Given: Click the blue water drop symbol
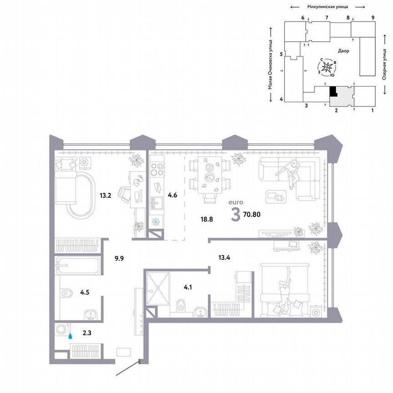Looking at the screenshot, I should (70, 337).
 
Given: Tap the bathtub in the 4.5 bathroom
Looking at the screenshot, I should (77, 265).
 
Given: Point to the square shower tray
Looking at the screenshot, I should (157, 284).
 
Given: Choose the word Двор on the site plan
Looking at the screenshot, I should (343, 51).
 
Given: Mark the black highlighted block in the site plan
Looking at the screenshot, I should (333, 91).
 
